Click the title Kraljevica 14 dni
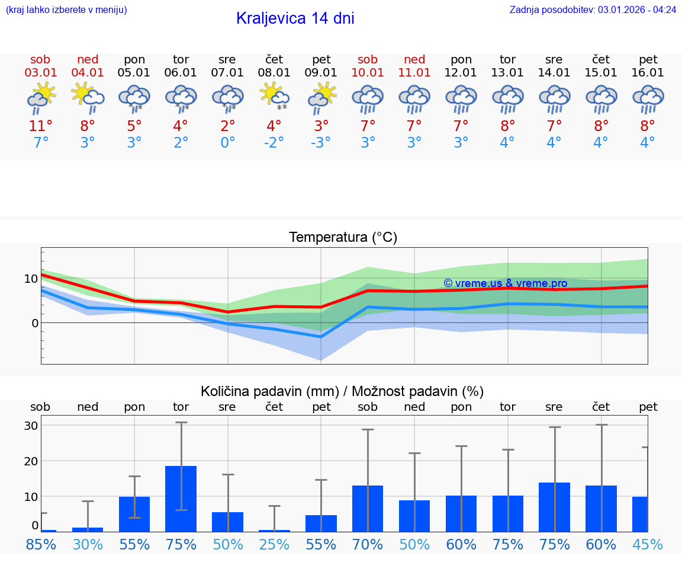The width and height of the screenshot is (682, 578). [295, 18]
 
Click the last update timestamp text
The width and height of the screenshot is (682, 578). [593, 9]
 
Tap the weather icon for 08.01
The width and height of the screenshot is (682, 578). [274, 97]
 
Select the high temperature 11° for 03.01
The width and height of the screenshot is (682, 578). [41, 126]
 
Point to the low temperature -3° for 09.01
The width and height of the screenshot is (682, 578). [321, 143]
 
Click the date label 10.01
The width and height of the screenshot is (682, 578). [368, 73]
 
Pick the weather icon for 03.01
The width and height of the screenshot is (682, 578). [41, 98]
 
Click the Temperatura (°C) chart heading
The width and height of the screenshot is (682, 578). [343, 238]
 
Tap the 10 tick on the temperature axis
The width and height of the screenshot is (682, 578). [31, 279]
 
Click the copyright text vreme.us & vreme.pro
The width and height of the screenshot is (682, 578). [505, 283]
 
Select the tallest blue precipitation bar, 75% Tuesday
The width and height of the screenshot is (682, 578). [181, 499]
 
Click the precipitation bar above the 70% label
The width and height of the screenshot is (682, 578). [368, 508]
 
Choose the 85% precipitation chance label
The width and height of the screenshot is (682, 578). [41, 545]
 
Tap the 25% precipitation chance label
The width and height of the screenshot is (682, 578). [274, 545]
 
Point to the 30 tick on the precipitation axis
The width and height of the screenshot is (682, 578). [31, 426]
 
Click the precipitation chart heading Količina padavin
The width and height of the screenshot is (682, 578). [342, 391]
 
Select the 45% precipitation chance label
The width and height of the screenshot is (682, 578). [648, 545]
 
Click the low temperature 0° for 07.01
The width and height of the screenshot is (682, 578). [227, 143]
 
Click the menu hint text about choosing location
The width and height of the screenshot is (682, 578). [66, 9]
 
